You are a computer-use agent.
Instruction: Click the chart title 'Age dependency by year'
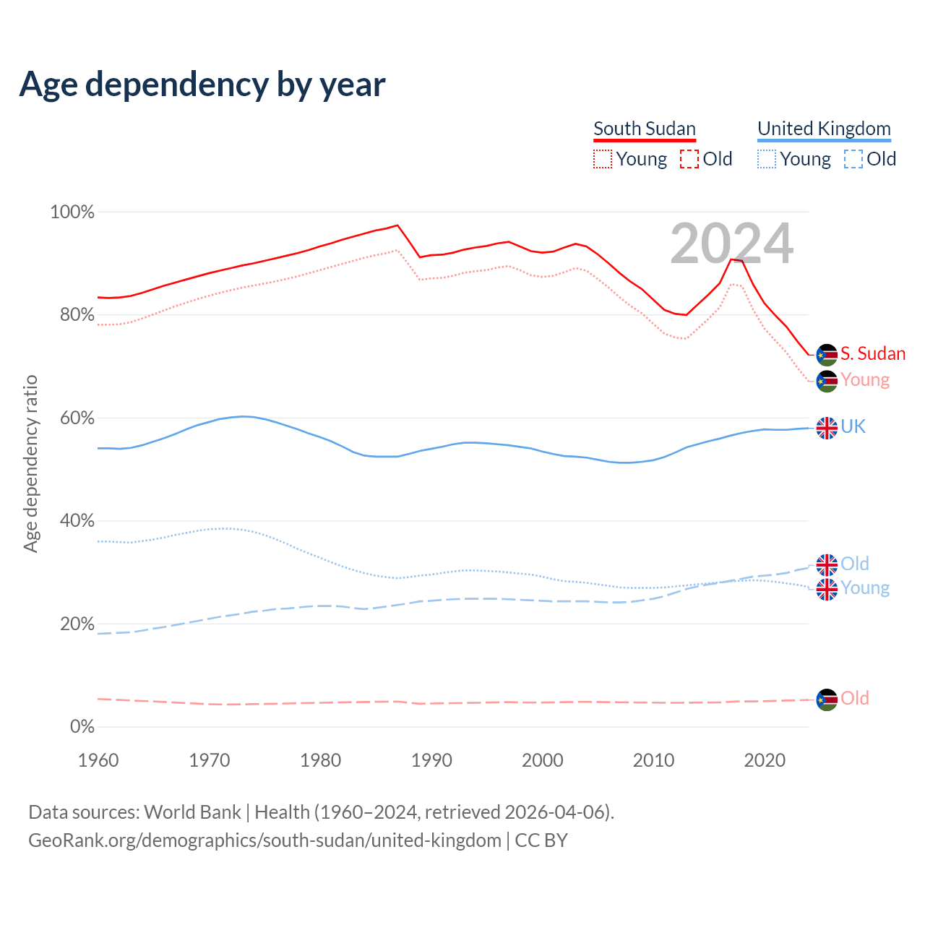coord(202,85)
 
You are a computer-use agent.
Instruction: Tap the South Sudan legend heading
coord(645,129)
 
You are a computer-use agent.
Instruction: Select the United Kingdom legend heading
coord(824,129)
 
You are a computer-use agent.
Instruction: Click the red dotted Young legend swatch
coord(603,159)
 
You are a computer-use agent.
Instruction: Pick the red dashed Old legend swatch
coord(689,159)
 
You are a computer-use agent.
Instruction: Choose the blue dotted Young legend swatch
coord(767,159)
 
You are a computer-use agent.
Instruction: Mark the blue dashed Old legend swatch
coord(853,159)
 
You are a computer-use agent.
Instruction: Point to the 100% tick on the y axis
coord(72,212)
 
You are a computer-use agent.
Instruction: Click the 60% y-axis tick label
coord(77,418)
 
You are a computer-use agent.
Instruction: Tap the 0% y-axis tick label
coord(82,727)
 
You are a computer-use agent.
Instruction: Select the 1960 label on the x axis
coord(98,760)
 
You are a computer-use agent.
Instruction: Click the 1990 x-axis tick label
coord(431,760)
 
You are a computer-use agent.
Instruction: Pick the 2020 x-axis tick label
coord(765,760)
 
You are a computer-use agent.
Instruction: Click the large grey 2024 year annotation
coord(731,244)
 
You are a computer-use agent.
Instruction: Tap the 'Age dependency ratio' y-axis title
coord(30,463)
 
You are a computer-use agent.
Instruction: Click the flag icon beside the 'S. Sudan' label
coord(827,355)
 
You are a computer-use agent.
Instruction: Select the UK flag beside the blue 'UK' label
coord(827,428)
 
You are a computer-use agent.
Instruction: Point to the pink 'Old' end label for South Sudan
coord(855,698)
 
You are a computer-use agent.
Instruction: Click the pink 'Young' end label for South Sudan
coord(865,380)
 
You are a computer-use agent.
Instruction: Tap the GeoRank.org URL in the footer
coord(264,840)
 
